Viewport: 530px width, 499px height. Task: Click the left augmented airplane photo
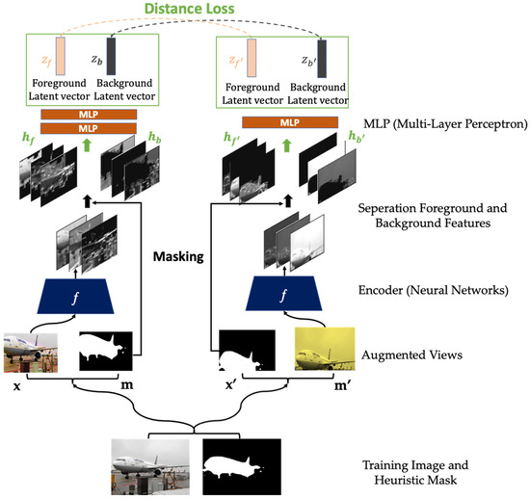31,352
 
